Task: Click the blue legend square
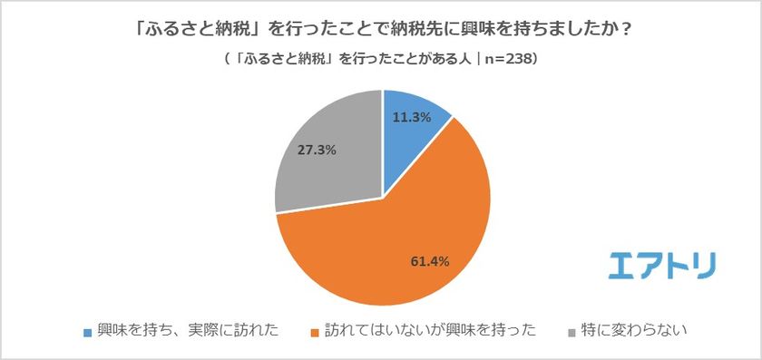click(87, 332)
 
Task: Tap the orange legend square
click(317, 332)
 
